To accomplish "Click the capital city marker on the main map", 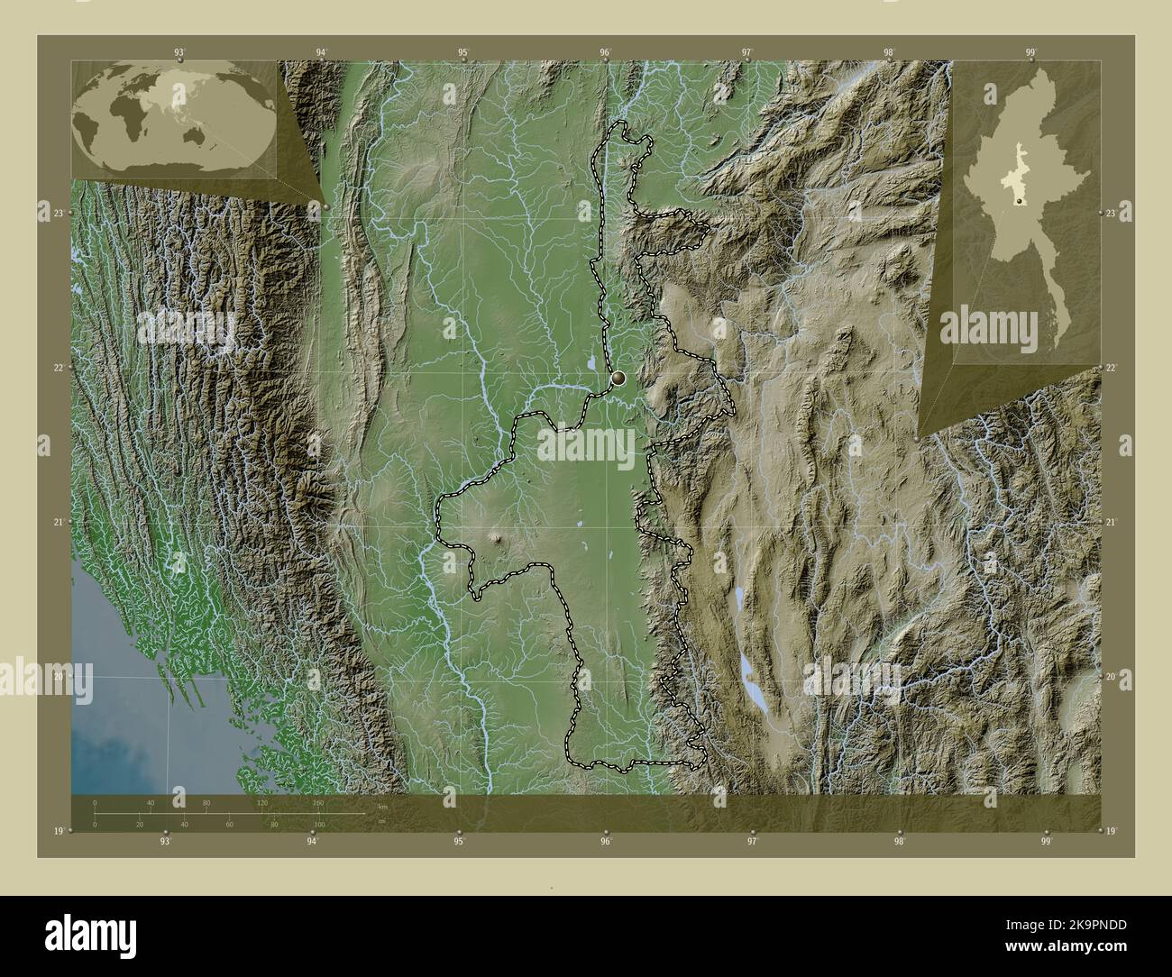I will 619,379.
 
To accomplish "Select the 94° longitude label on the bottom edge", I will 312,842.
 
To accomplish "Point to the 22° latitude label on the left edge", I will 59,368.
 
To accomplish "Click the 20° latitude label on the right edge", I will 1112,676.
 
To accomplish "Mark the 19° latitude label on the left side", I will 59,831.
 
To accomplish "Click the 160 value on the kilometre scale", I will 317,802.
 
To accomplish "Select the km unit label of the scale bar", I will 382,807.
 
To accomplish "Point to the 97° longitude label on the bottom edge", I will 752,842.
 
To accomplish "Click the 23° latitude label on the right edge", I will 1112,213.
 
